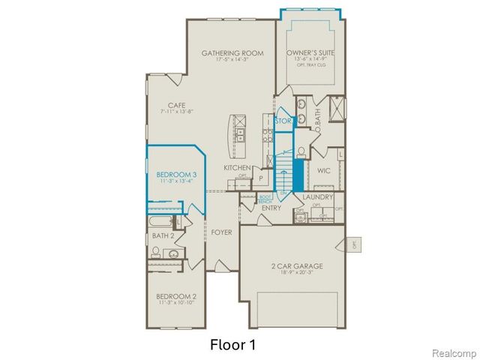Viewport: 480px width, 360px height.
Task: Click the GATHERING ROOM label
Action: pos(233,53)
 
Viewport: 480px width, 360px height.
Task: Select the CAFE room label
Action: pos(176,105)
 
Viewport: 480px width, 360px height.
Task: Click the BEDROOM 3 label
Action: pos(176,174)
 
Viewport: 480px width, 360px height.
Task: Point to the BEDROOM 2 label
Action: pos(176,295)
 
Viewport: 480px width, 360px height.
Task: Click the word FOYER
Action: pos(221,232)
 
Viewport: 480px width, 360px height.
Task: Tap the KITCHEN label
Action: pos(237,167)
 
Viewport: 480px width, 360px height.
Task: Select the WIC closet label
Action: pos(324,171)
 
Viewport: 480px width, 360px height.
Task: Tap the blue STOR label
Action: pos(283,120)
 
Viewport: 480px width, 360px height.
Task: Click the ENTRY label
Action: pos(271,208)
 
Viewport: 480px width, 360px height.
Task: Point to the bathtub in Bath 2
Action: pos(160,222)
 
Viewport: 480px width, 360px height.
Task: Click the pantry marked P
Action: pos(261,178)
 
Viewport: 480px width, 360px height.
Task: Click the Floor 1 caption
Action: pos(233,344)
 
